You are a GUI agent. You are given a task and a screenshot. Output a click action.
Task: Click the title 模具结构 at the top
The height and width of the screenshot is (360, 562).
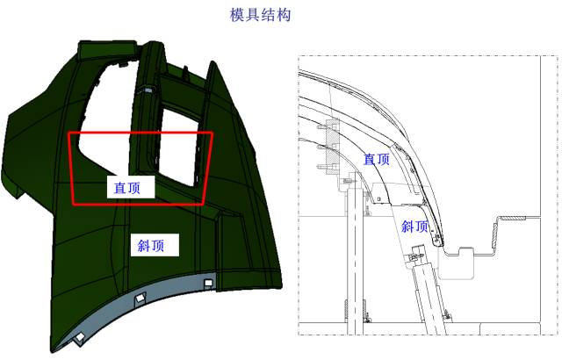click(x=260, y=16)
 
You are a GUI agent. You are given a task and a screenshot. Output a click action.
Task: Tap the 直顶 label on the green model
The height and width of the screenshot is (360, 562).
click(x=126, y=188)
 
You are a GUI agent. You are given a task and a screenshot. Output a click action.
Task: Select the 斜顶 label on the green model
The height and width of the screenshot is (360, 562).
click(x=151, y=246)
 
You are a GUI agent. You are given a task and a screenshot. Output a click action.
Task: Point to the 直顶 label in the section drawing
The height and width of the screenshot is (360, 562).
click(x=377, y=160)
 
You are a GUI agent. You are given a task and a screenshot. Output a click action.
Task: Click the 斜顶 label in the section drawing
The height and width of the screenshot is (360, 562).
click(x=414, y=227)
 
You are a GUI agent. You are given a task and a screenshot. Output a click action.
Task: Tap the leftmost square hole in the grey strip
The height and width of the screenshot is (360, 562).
click(x=80, y=336)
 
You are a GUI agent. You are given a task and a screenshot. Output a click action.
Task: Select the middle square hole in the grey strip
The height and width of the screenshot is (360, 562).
click(x=140, y=297)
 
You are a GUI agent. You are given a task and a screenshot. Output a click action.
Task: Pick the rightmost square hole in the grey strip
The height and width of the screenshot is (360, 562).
click(x=208, y=284)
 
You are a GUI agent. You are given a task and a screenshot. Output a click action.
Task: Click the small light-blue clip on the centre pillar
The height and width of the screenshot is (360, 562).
click(x=148, y=91)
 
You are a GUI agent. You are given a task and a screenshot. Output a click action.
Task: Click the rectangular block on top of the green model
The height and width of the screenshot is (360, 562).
click(x=107, y=49)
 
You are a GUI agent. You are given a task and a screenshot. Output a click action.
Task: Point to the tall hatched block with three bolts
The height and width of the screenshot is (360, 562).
click(x=332, y=147)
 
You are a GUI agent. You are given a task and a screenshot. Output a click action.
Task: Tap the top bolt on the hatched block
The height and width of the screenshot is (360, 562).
click(x=321, y=126)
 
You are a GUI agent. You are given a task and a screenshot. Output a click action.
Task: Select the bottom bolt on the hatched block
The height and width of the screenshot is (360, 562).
click(x=321, y=167)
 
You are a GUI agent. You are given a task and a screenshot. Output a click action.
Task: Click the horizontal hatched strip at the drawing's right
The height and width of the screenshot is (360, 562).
click(x=513, y=218)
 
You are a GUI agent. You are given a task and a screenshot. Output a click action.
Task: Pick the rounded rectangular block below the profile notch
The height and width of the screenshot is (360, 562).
click(x=457, y=263)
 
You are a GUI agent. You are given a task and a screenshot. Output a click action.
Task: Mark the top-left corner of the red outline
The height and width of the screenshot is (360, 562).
click(x=69, y=133)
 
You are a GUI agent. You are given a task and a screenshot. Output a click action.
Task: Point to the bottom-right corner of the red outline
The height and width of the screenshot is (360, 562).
click(x=203, y=205)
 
